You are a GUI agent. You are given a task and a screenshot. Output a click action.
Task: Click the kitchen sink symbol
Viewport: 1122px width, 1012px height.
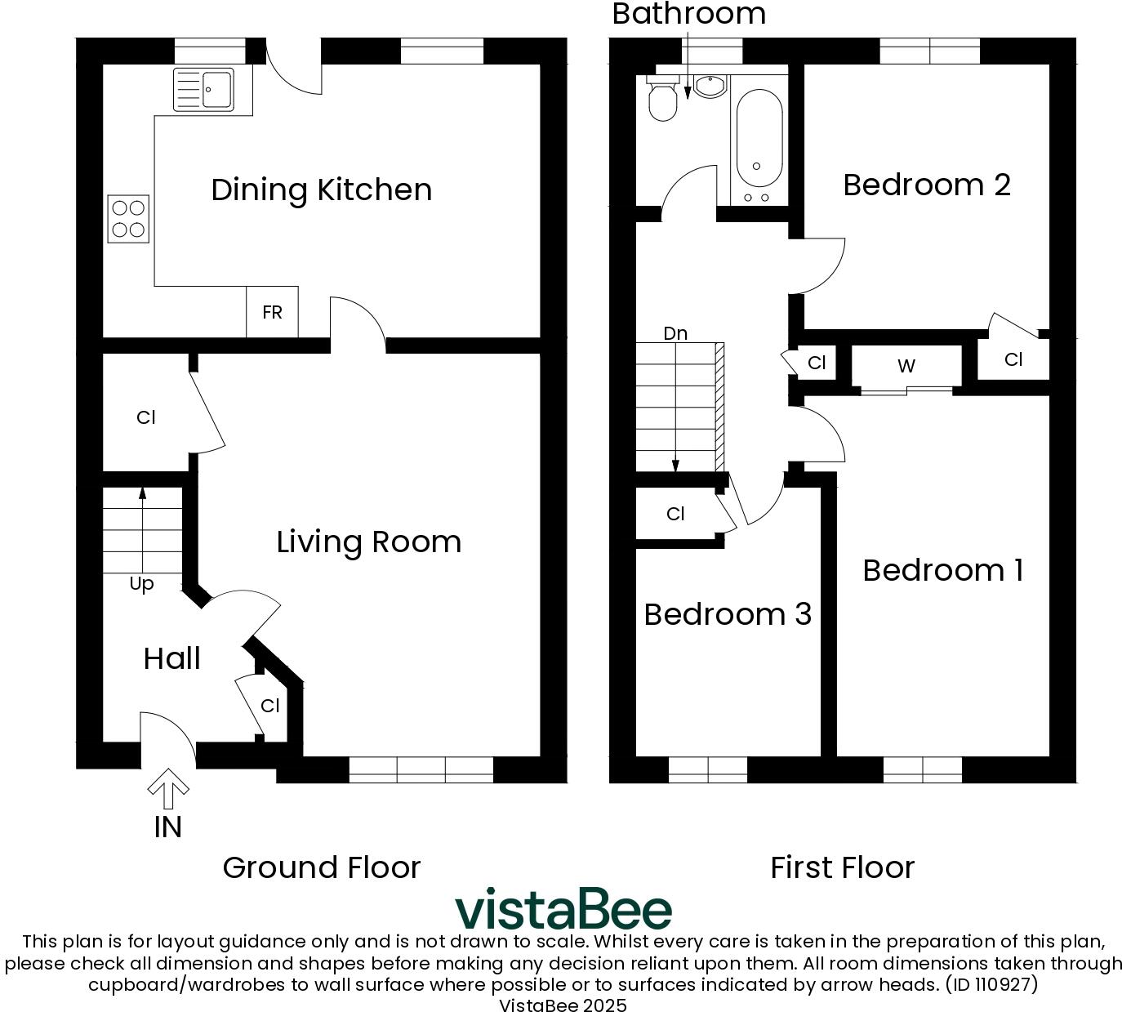(x=203, y=89)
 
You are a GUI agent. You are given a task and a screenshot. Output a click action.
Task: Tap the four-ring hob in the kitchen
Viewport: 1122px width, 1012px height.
(x=128, y=219)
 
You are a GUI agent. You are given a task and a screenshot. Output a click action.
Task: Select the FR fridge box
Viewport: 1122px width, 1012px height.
(x=272, y=312)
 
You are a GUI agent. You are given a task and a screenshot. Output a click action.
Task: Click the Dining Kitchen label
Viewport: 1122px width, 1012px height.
(x=321, y=189)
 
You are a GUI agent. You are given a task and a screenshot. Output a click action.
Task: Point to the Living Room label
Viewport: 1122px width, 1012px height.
(x=368, y=542)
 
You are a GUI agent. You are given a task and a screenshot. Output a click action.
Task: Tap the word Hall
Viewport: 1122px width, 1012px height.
(x=171, y=658)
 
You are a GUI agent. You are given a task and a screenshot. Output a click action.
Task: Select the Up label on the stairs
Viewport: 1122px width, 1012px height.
(x=141, y=584)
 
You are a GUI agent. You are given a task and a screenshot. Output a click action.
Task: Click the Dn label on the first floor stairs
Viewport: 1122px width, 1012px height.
(x=675, y=333)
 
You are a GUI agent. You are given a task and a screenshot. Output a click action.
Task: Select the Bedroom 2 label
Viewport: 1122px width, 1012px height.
(x=927, y=185)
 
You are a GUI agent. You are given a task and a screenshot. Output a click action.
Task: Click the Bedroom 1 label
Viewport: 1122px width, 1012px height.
(x=942, y=570)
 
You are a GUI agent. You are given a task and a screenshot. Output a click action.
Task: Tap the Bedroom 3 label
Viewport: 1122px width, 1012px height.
(x=728, y=614)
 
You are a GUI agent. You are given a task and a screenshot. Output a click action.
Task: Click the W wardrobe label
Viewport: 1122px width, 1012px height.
(x=906, y=366)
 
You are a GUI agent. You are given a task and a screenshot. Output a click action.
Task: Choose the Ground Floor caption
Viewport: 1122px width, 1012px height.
(x=321, y=867)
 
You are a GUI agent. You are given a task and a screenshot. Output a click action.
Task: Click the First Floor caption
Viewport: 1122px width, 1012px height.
(x=842, y=867)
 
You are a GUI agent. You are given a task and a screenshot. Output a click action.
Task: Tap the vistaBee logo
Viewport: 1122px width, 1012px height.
(x=563, y=909)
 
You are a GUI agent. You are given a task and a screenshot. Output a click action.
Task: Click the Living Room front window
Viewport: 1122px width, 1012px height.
(x=421, y=769)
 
